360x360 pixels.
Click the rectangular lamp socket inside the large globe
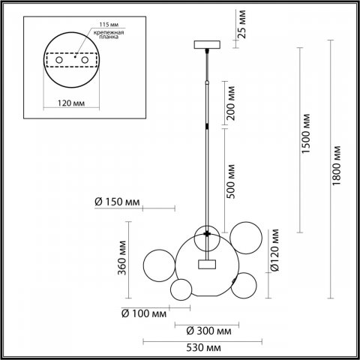click(205, 263)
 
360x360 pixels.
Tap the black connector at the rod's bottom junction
click(205, 235)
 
